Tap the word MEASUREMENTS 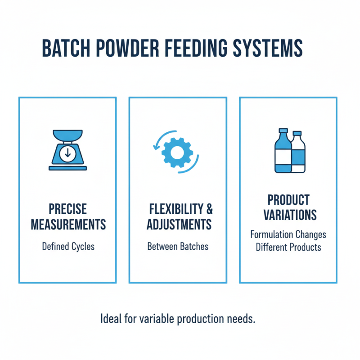(67, 224)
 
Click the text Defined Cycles (67, 247)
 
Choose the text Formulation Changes (288, 235)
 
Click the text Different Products (288, 247)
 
